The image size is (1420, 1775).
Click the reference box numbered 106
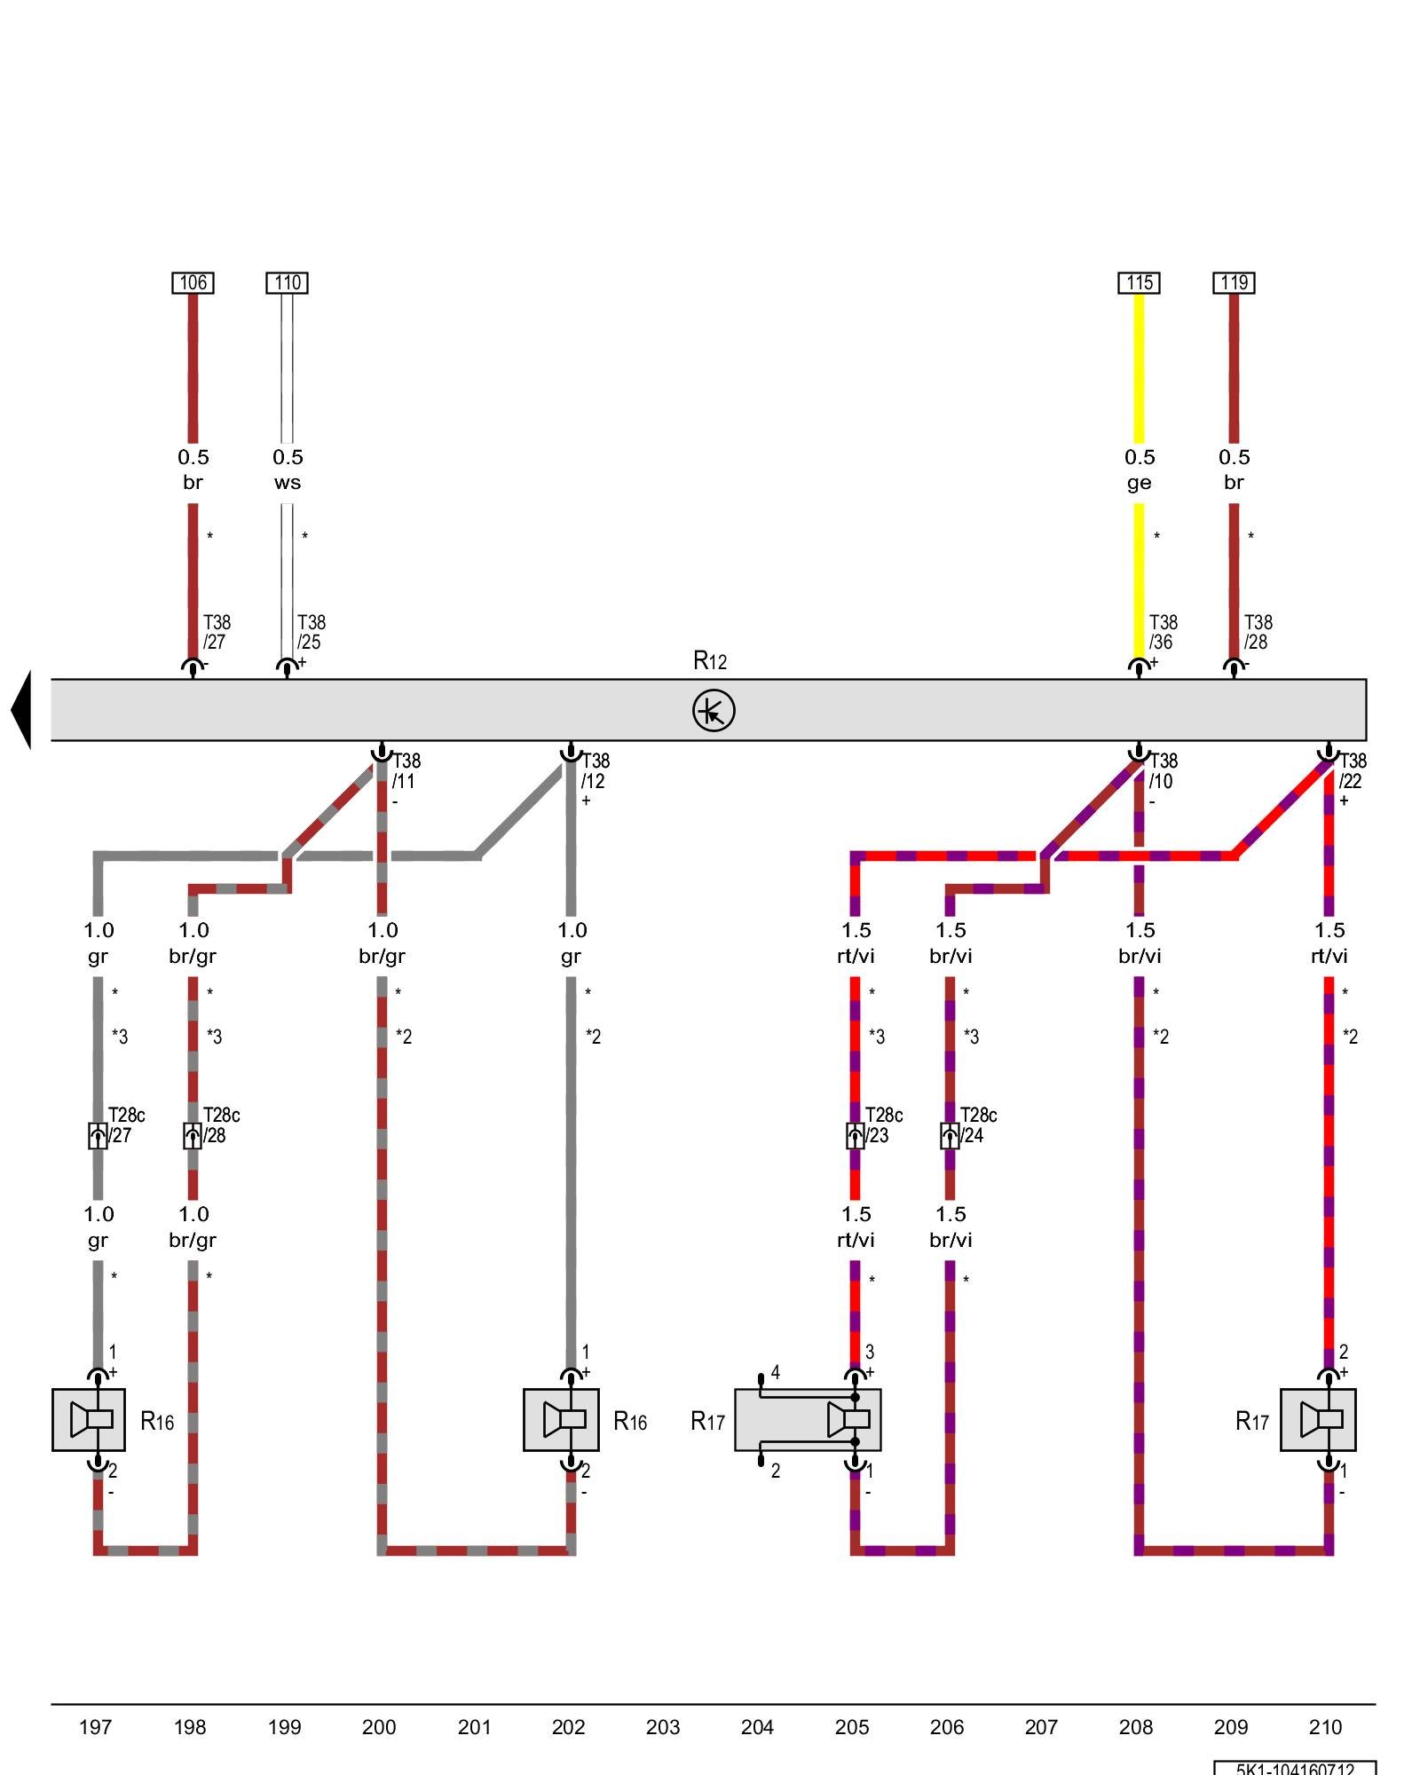[193, 282]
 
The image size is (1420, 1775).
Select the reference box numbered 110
[287, 282]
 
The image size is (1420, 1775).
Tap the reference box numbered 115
[1139, 282]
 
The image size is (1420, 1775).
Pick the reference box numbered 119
[1234, 282]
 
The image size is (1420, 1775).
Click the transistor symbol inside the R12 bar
[714, 711]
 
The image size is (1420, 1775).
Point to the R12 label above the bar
[709, 660]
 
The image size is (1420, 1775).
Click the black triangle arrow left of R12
[21, 710]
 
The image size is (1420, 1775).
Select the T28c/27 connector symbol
[98, 1135]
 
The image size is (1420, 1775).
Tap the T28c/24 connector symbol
[950, 1135]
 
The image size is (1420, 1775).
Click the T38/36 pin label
[1163, 632]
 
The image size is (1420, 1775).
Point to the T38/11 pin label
[406, 771]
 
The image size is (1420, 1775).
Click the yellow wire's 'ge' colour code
[1139, 483]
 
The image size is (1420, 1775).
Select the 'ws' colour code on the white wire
[287, 483]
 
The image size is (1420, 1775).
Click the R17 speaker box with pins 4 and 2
[807, 1419]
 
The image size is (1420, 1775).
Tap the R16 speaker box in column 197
[89, 1419]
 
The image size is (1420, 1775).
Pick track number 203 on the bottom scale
[663, 1727]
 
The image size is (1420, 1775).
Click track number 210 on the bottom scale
[1325, 1727]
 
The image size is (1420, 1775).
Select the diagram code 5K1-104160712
[1295, 1768]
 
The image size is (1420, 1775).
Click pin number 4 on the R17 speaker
[775, 1373]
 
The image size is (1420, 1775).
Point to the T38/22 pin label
[1352, 771]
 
